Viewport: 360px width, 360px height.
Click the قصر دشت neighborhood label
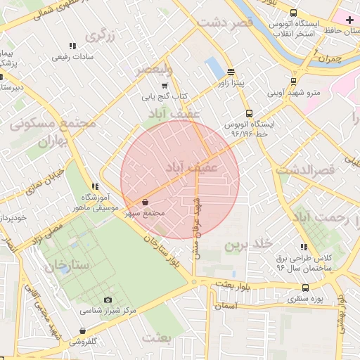tap(224, 22)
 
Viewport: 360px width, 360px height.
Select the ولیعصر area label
tap(153, 68)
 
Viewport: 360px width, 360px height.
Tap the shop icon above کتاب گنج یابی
tap(165, 85)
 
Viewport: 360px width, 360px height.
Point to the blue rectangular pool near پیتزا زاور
tap(213, 68)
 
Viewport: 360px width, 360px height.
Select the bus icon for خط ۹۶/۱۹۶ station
tap(248, 113)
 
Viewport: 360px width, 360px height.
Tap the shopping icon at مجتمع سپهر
tap(146, 202)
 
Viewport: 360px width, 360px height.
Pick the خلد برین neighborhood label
tap(247, 245)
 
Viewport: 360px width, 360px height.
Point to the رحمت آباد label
tap(331, 218)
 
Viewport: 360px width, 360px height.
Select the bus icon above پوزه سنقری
tap(305, 288)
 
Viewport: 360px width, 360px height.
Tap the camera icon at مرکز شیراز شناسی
tap(108, 300)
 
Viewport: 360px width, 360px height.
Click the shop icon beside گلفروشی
tap(83, 330)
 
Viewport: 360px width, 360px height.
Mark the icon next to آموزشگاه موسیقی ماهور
tap(94, 186)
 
